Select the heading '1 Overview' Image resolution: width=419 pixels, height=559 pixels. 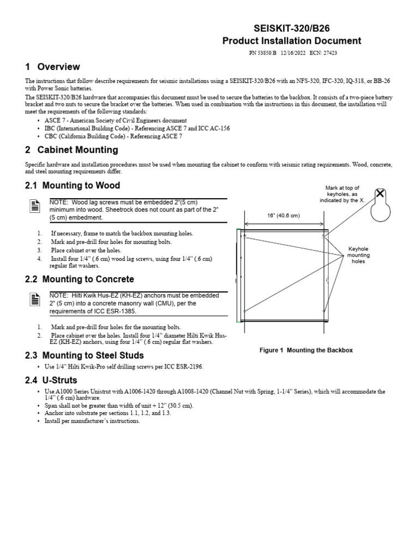coord(53,67)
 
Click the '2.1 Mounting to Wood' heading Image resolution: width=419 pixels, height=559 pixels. coord(73,186)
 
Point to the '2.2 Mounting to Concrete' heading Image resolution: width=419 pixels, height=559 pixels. coord(80,279)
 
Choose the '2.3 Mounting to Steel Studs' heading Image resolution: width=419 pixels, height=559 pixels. coord(85,356)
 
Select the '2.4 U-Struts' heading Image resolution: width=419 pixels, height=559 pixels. coord(51,380)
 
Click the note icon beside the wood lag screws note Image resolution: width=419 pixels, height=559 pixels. coord(34,206)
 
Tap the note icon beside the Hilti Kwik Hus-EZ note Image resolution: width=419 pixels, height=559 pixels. coord(34,299)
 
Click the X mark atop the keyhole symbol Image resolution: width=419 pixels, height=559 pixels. coord(380,194)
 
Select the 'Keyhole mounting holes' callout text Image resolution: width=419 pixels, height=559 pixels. coord(359,255)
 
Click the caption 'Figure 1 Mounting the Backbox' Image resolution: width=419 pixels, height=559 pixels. coord(306,350)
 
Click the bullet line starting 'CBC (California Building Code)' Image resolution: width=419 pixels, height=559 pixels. coord(113,136)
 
